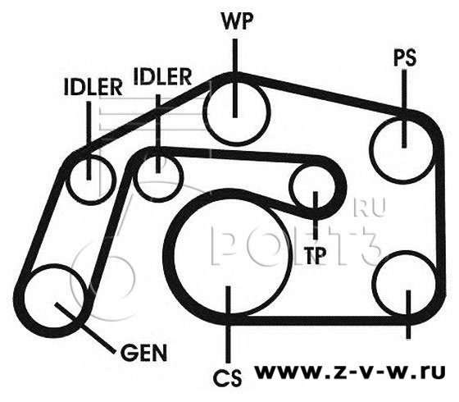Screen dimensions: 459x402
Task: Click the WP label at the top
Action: point(237,21)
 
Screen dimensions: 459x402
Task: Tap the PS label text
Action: point(405,57)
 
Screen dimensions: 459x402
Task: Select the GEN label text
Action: point(143,353)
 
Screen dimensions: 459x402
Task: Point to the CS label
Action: point(228,378)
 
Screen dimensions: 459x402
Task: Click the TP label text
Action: point(315,255)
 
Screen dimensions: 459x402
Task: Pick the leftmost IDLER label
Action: point(93,87)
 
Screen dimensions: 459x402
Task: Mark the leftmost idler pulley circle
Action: point(68,180)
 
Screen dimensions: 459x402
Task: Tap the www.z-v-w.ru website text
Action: point(349,372)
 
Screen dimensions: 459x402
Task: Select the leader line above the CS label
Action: point(228,325)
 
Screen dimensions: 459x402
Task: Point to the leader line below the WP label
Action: point(234,78)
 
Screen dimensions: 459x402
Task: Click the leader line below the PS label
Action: point(404,108)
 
